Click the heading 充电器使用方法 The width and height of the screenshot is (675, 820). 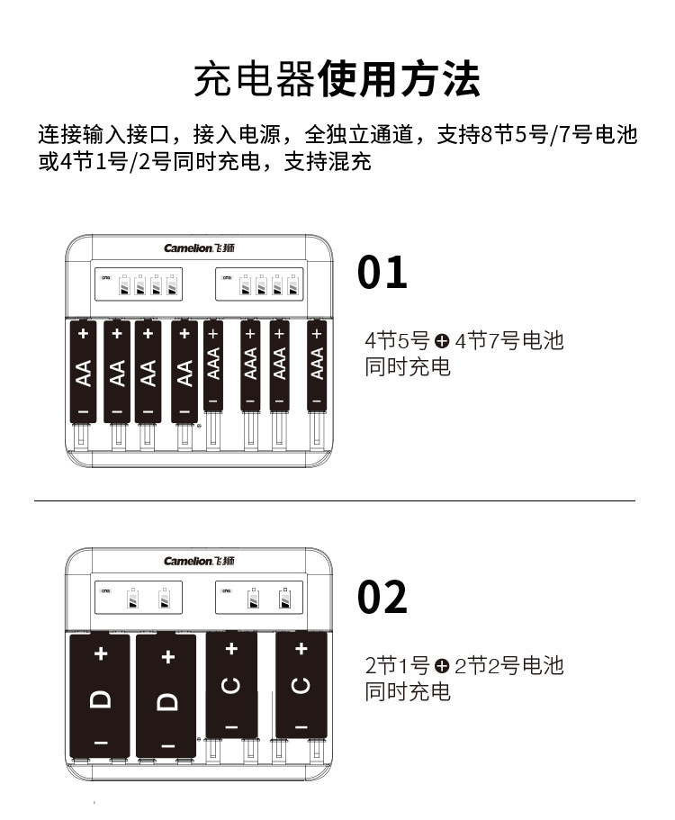point(337,80)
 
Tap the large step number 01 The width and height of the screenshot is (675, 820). point(382,272)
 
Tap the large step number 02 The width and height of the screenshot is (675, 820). point(382,597)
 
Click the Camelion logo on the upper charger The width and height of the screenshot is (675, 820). point(199,248)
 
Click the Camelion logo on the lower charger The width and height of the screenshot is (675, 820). point(199,561)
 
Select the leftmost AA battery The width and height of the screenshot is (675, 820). point(84,371)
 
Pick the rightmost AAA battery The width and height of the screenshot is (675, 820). point(316,365)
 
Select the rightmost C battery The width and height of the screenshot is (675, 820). point(301,685)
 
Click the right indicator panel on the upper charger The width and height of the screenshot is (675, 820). point(259,284)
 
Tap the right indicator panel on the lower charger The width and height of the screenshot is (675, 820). point(259,598)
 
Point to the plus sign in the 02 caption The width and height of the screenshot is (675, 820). point(442,666)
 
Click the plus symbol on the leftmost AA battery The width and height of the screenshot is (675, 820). point(84,334)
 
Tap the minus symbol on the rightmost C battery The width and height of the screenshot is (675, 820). point(301,725)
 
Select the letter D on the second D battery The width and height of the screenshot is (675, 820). point(167,698)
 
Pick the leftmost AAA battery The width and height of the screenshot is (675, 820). point(213,365)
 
